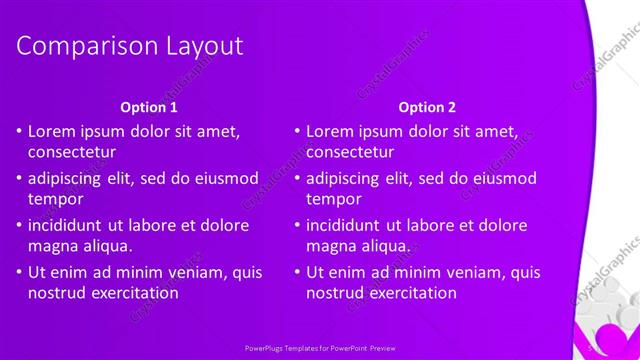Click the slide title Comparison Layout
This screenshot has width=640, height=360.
[130, 46]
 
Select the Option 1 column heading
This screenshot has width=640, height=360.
[149, 106]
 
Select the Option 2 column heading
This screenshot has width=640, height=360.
[427, 106]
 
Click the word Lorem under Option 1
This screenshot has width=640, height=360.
[54, 131]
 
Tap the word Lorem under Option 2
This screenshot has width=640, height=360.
[332, 131]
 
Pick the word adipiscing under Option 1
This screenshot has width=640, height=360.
[67, 178]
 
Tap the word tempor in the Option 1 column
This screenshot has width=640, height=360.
[55, 199]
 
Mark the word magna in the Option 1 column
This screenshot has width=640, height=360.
[53, 246]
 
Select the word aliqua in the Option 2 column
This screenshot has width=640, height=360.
[382, 246]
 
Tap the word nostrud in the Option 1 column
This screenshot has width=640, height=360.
[57, 293]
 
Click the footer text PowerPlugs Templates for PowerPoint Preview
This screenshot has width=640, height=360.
[320, 350]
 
